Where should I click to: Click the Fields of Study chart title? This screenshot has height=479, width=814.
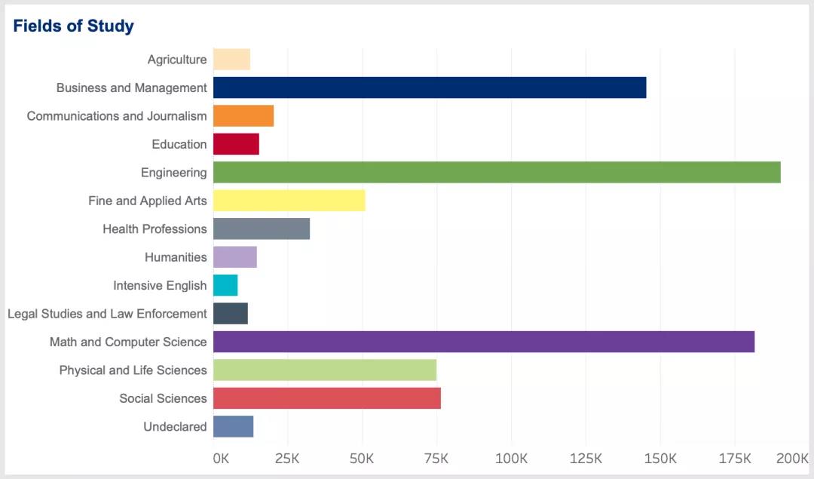73,26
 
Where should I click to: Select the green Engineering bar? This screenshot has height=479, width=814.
497,172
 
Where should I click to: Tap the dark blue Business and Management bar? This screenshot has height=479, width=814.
430,88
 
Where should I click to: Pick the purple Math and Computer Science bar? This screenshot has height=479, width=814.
484,342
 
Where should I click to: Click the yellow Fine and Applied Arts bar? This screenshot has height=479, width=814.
289,201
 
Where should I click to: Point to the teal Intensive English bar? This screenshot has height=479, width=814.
225,285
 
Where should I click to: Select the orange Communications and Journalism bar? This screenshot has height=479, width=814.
243,115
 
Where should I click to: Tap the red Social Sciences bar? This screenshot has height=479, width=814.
327,398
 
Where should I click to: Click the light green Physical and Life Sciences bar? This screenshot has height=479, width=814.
325,370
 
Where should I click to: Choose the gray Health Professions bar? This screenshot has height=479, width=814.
262,229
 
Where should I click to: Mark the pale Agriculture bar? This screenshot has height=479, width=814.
231,60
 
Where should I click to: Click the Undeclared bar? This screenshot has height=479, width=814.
233,426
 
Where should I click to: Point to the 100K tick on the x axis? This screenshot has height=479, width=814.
512,459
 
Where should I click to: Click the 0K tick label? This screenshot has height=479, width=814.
221,459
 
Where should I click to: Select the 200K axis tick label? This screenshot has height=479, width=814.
792,459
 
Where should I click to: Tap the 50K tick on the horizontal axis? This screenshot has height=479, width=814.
363,459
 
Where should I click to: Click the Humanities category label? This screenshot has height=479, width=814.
176,257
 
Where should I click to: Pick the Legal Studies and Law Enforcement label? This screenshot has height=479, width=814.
107,314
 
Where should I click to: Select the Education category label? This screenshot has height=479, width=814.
179,144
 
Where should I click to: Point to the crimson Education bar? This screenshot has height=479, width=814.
236,144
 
